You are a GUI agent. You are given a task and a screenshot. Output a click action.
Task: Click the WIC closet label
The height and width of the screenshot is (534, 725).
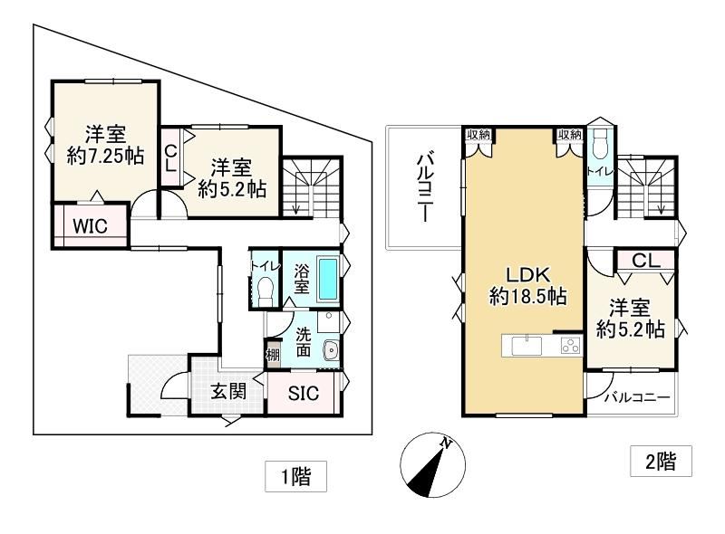pos(90,226)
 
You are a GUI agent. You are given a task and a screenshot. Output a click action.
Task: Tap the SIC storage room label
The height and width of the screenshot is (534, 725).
pos(304,393)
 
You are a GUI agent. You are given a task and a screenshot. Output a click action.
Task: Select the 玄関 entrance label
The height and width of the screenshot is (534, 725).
pos(228,392)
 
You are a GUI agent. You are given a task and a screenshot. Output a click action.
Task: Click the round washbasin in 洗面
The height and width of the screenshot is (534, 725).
pos(331,350)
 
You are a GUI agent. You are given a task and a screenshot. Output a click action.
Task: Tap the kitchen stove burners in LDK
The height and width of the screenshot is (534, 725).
pos(570,345)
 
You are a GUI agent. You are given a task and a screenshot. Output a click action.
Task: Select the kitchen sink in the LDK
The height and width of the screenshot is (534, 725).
pos(527,346)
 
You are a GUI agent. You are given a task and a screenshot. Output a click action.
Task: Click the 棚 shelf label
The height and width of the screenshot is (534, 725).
pos(273,355)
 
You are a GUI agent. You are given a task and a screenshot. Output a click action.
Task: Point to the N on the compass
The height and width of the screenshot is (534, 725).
pos(446,443)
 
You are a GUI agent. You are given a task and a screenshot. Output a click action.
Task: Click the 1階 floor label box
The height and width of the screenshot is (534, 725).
pos(296,476)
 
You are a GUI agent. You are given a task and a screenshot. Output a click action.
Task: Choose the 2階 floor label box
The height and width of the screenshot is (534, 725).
pos(662,461)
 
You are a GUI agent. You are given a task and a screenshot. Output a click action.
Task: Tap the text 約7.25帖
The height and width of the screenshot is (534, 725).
pos(105,156)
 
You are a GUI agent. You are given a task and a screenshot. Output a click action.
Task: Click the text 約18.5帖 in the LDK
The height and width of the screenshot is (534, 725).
pos(528,296)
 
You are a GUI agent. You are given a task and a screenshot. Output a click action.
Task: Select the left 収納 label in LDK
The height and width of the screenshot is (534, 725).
pos(478,135)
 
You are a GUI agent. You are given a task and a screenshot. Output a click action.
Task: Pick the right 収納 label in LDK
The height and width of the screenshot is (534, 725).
pos(570,135)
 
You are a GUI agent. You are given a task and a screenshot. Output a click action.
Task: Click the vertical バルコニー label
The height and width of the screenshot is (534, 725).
pos(425,188)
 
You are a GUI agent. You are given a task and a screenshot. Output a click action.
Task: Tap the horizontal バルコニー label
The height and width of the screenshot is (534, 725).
pos(638,397)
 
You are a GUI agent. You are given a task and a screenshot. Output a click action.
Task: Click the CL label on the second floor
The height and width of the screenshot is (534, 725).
pos(646,261)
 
